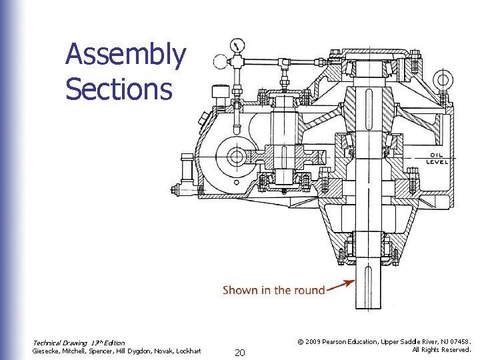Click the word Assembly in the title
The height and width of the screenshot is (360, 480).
coord(125,55)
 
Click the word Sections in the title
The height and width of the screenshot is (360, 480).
coord(119,89)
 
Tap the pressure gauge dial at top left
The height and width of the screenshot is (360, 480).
coord(237,46)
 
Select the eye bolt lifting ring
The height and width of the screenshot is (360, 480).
coord(442,81)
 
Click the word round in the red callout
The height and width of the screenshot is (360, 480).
coord(309,290)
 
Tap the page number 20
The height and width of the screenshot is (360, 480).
coord(240,351)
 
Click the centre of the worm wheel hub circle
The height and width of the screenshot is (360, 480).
coord(236,157)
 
